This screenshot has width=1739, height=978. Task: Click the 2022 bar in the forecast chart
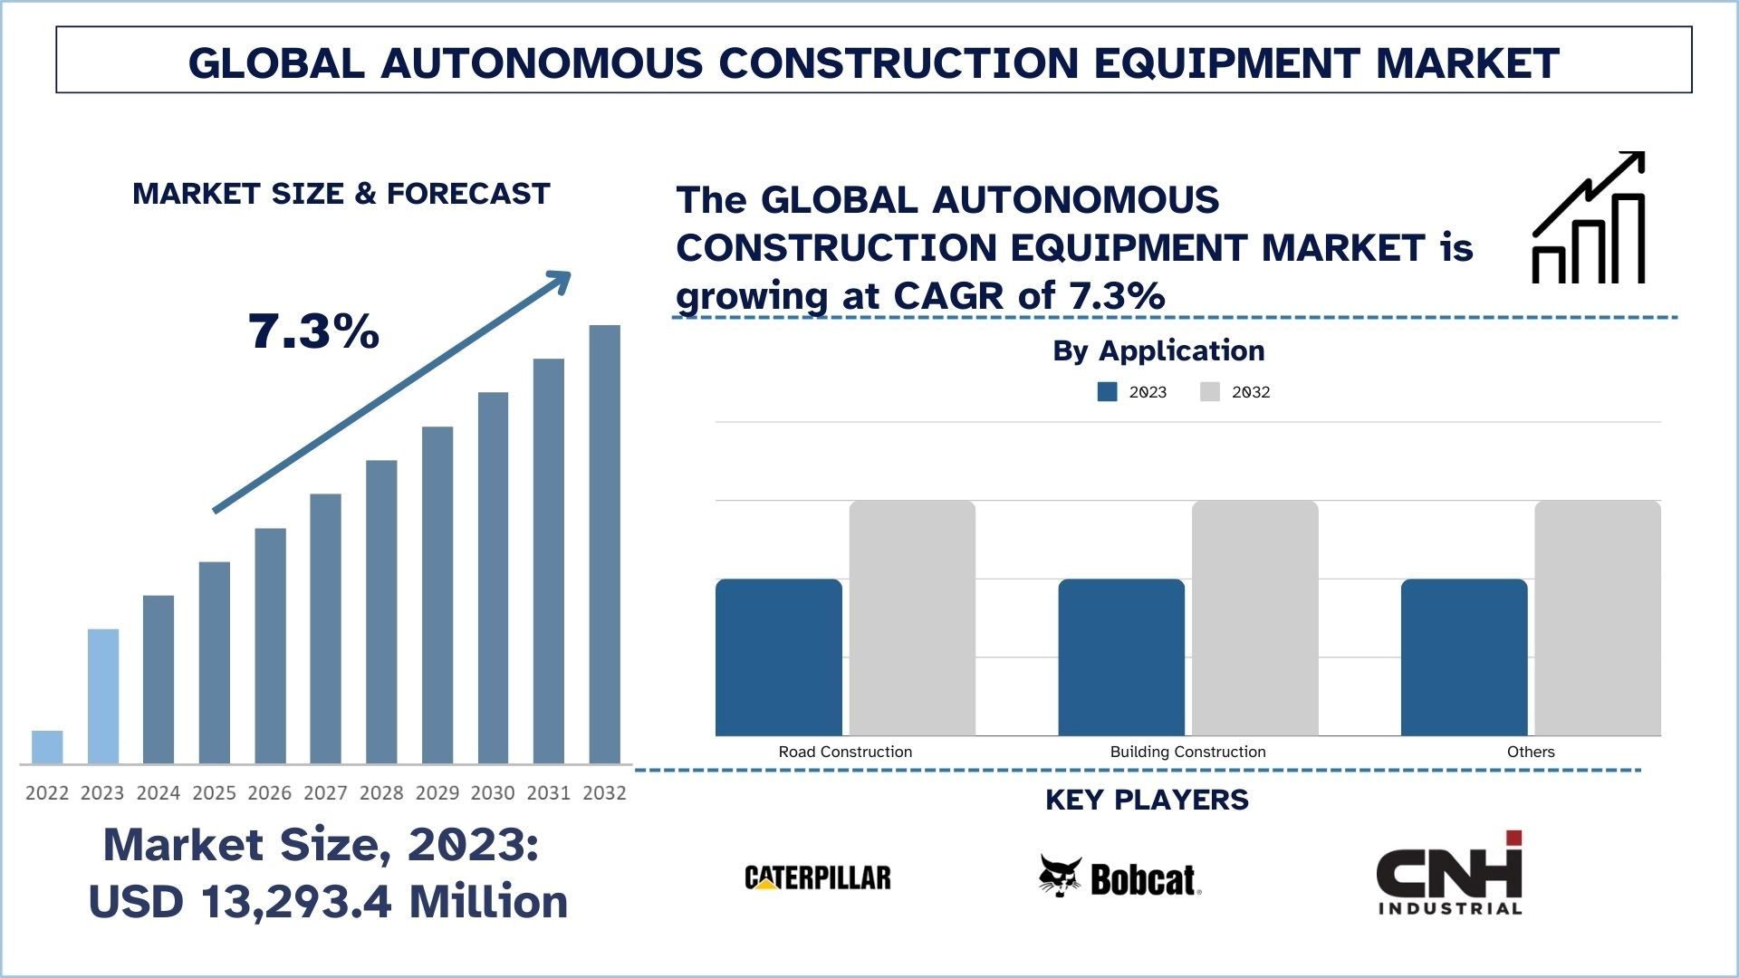pyautogui.click(x=47, y=747)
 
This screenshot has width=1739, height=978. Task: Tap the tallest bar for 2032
pyautogui.click(x=605, y=543)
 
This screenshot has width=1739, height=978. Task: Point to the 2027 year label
pyautogui.click(x=325, y=793)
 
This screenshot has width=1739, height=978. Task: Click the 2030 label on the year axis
pyautogui.click(x=493, y=793)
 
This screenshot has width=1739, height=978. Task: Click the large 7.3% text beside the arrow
pyautogui.click(x=313, y=331)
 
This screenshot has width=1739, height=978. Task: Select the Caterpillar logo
pyautogui.click(x=818, y=877)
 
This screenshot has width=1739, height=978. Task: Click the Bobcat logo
pyautogui.click(x=1120, y=877)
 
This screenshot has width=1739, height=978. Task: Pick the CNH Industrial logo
pyautogui.click(x=1449, y=874)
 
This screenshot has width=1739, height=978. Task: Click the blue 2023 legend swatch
pyautogui.click(x=1107, y=392)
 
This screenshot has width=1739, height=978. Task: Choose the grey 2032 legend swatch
pyautogui.click(x=1210, y=392)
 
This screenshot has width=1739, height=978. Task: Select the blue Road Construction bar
pyautogui.click(x=779, y=657)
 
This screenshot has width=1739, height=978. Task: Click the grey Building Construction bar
pyautogui.click(x=1255, y=618)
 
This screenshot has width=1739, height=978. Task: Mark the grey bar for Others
pyautogui.click(x=1598, y=618)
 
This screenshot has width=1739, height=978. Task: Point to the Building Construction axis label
pyautogui.click(x=1187, y=752)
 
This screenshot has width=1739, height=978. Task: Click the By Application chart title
pyautogui.click(x=1158, y=350)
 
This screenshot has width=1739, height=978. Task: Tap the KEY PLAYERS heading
pyautogui.click(x=1147, y=800)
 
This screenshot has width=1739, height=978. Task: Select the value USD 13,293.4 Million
pyautogui.click(x=328, y=902)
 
